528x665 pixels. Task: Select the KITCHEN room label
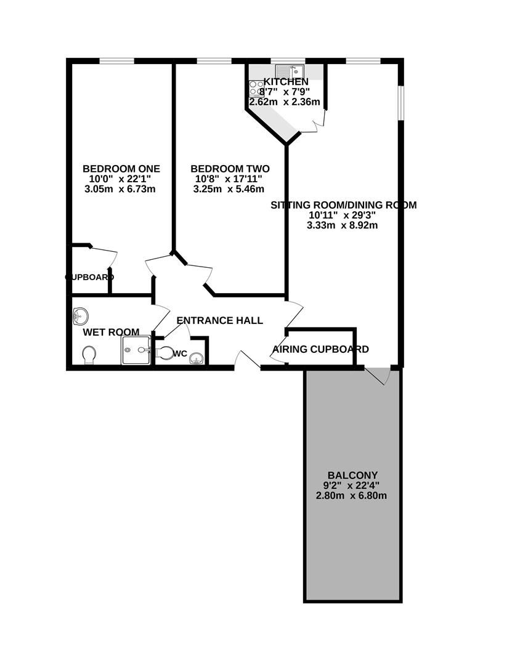point(286,82)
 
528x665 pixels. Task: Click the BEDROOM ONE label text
point(121,169)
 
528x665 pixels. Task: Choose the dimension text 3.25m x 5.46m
point(229,189)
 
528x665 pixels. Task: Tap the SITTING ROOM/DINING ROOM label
point(344,205)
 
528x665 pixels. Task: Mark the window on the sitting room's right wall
point(400,102)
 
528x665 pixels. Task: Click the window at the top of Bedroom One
point(117,61)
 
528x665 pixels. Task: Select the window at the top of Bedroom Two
point(214,61)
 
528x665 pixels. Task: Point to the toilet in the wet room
point(89,355)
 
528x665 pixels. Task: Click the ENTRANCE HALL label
point(219,321)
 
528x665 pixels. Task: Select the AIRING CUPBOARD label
point(320,349)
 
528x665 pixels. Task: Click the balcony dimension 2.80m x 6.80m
point(351,496)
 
